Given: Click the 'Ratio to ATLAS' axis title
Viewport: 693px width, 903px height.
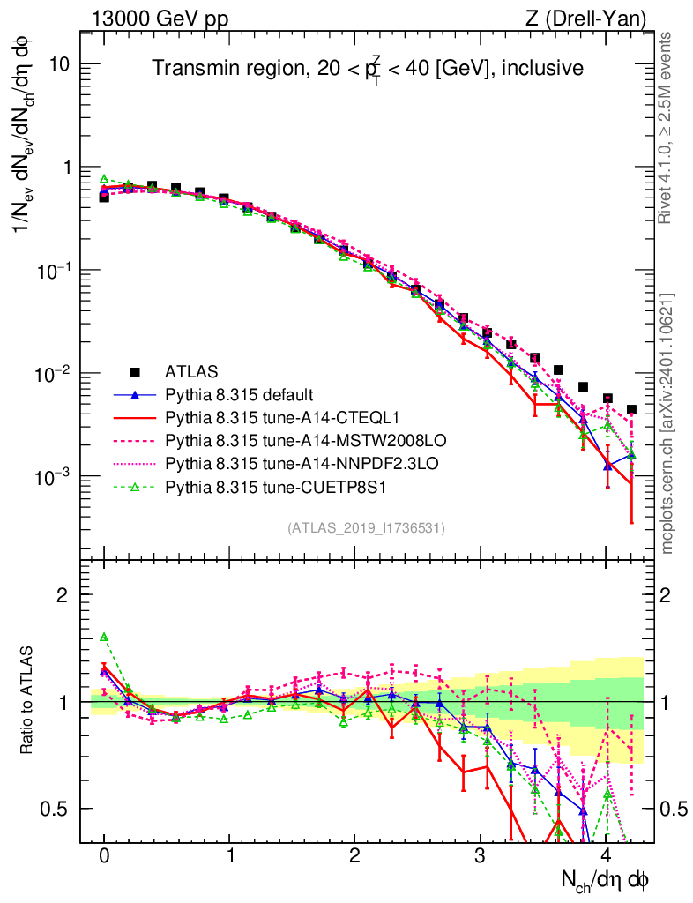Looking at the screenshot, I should pos(29,701).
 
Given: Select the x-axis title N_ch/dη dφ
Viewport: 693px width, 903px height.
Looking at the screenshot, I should pos(606,880).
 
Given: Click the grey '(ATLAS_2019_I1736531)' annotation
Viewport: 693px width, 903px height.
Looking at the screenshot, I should pos(366,528).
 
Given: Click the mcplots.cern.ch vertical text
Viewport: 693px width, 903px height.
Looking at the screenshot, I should pos(668,423).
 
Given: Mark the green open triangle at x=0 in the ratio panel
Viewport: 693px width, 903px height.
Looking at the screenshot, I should pos(104,637).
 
